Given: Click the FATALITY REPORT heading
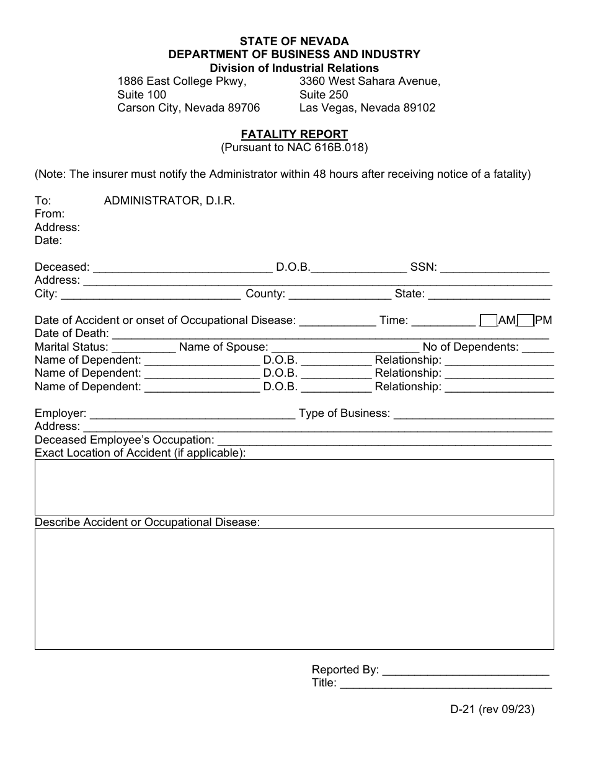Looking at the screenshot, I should (294, 134).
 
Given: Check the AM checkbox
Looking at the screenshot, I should (489, 320).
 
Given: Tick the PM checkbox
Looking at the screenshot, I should (525, 320).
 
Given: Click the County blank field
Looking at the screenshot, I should (339, 294).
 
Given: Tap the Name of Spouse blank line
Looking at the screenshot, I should (345, 347).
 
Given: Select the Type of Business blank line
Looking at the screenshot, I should (473, 413).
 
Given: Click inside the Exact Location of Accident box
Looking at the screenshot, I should (294, 487).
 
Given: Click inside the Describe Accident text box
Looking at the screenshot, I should (294, 589).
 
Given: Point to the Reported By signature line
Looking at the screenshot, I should (466, 670).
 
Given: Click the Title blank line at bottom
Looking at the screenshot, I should (445, 683).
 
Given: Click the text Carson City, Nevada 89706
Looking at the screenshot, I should (188, 108).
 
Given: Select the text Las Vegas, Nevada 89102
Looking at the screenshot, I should (367, 108).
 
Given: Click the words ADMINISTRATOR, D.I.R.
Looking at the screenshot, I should (169, 201).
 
